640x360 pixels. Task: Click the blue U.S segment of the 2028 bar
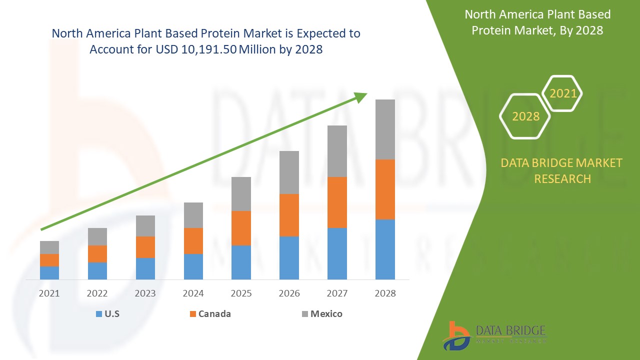click(x=385, y=249)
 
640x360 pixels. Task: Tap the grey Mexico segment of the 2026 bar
click(x=289, y=172)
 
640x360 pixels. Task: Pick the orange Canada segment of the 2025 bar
click(x=241, y=228)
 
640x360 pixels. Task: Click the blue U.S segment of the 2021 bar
click(x=49, y=272)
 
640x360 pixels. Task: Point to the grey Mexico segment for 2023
click(x=145, y=226)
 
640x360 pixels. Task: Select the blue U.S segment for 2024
click(x=193, y=266)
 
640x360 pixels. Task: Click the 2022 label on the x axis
click(x=97, y=293)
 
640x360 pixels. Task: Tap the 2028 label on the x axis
click(x=385, y=293)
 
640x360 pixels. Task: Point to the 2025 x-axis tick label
click(x=241, y=293)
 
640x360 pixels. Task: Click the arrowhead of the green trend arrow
click(x=361, y=97)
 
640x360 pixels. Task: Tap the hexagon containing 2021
click(x=562, y=93)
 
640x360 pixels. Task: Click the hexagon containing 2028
click(x=525, y=116)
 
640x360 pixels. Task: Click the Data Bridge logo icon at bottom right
click(x=456, y=335)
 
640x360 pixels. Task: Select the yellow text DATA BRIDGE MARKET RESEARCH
click(x=562, y=170)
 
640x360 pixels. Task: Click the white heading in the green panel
click(x=558, y=22)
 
